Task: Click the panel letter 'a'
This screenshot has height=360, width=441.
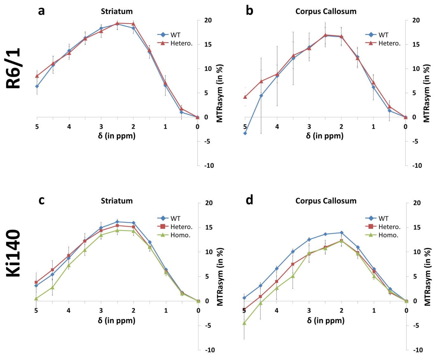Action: pyautogui.click(x=41, y=11)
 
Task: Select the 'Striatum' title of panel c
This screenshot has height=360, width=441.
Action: pyautogui.click(x=117, y=201)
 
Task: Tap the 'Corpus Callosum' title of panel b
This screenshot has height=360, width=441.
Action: pyautogui.click(x=326, y=11)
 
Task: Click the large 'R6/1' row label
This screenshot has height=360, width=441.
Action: pyautogui.click(x=14, y=68)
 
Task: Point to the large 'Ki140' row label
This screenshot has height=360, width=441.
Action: pyautogui.click(x=14, y=253)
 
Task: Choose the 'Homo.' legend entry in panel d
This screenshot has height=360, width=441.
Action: pyautogui.click(x=388, y=235)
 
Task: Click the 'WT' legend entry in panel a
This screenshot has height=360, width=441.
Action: pyautogui.click(x=175, y=35)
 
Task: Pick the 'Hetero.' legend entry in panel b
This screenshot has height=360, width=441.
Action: pyautogui.click(x=389, y=43)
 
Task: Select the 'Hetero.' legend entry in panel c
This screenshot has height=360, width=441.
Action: pyautogui.click(x=181, y=227)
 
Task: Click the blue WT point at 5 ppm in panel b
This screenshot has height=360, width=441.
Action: pyautogui.click(x=245, y=133)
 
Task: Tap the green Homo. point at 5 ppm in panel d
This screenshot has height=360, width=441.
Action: pyautogui.click(x=244, y=323)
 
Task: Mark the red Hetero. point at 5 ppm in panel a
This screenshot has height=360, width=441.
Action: pyautogui.click(x=37, y=76)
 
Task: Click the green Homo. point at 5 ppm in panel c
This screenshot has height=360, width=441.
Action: pyautogui.click(x=36, y=299)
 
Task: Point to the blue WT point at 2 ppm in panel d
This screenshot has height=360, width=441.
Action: pyautogui.click(x=341, y=233)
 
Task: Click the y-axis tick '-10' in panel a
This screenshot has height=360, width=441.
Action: pyautogui.click(x=209, y=165)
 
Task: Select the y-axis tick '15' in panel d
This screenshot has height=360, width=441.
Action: pyautogui.click(x=417, y=227)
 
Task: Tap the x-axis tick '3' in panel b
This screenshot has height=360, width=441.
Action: pyautogui.click(x=309, y=126)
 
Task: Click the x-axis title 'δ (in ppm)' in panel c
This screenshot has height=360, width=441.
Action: pyautogui.click(x=117, y=320)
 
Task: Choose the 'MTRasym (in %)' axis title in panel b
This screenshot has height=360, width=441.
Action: pyautogui.click(x=427, y=93)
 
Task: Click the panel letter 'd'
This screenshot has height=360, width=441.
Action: pyautogui.click(x=249, y=200)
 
